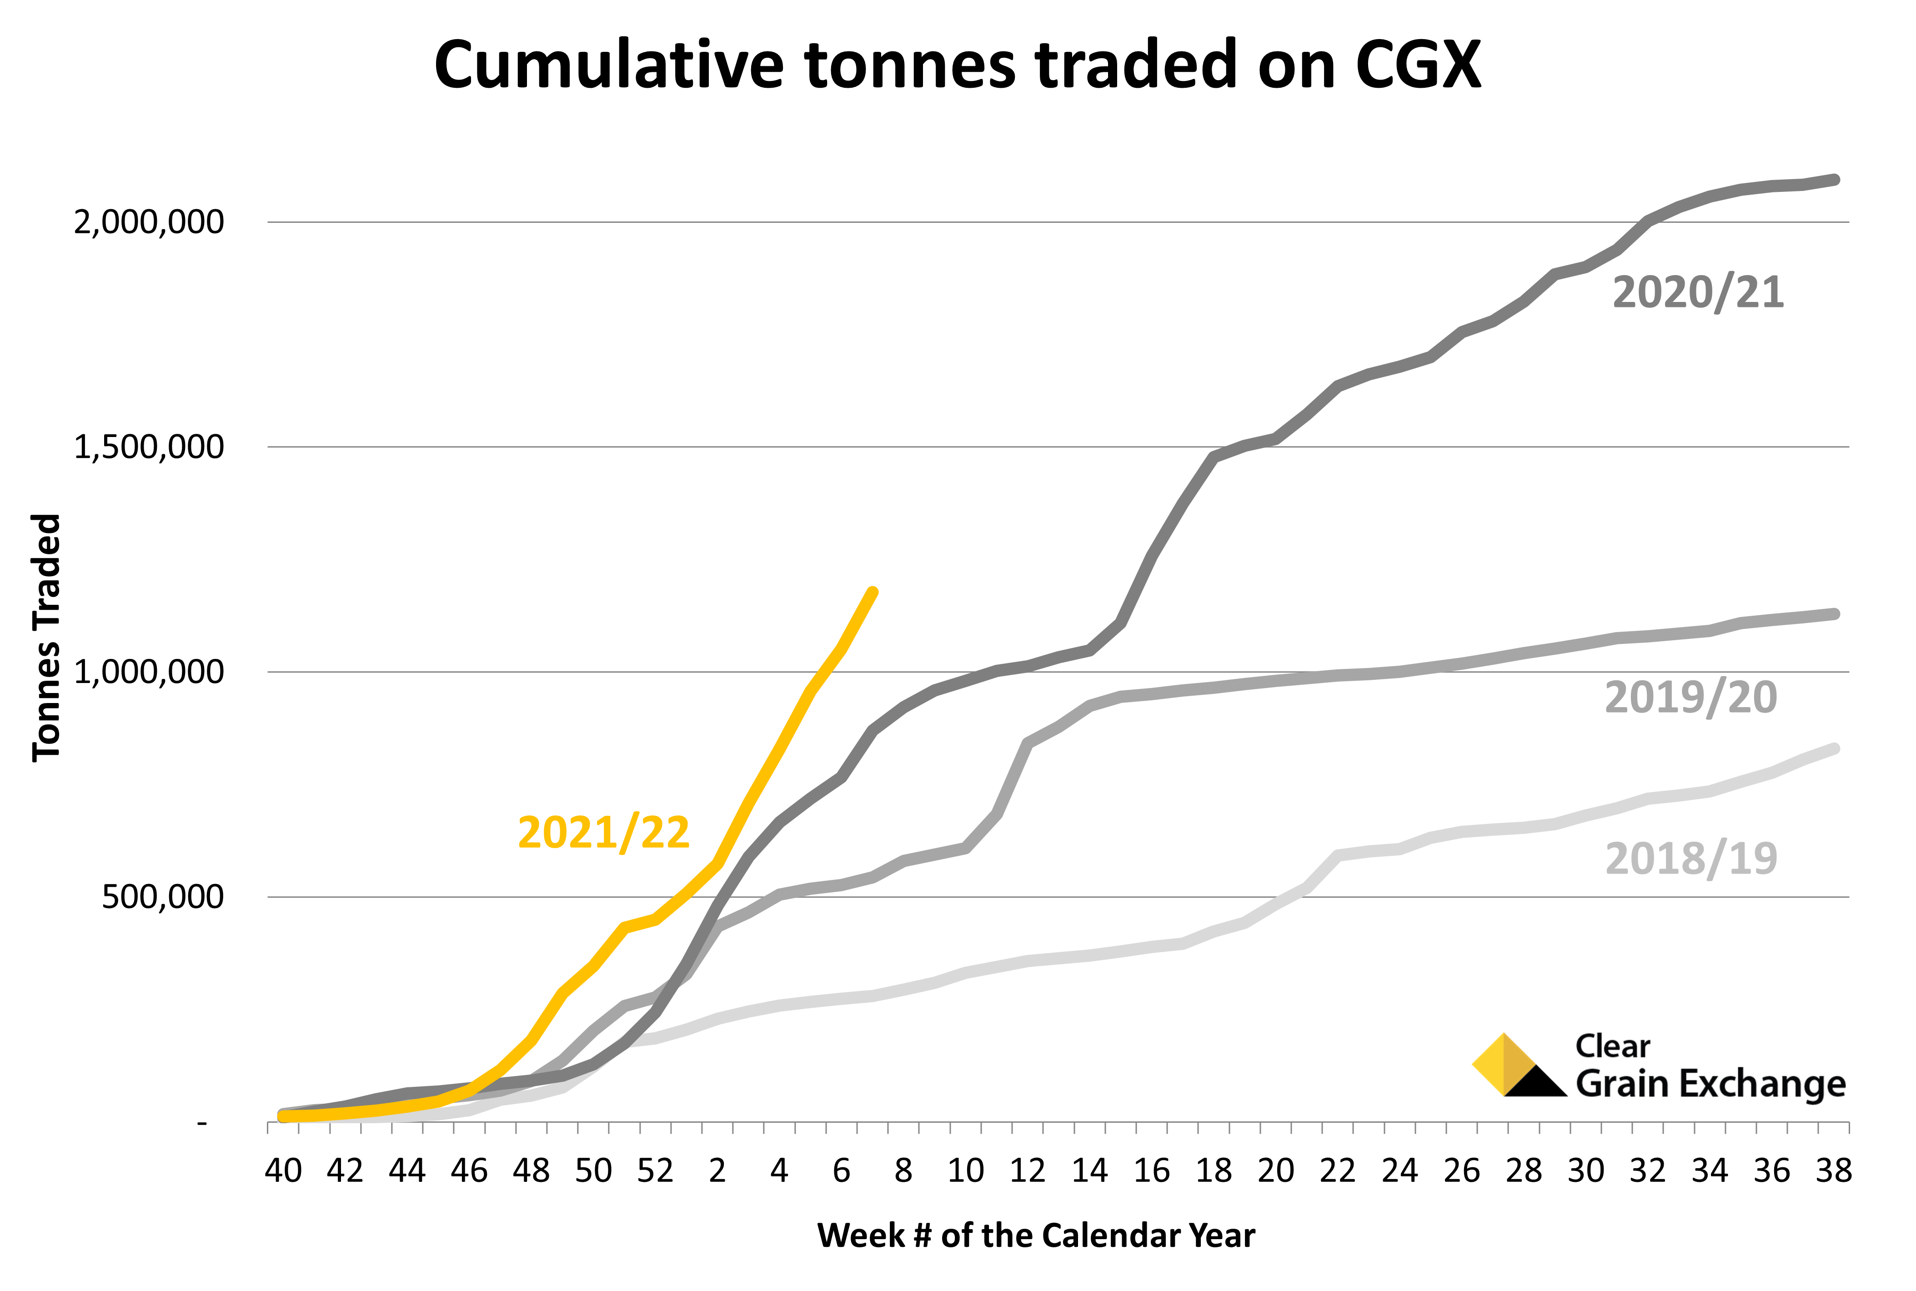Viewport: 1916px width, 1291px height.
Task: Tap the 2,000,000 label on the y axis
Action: (x=149, y=222)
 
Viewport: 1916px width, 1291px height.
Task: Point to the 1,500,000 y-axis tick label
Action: (x=149, y=447)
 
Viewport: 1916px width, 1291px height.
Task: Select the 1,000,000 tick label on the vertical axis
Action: (x=149, y=672)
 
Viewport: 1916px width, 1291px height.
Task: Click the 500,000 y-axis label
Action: (x=163, y=897)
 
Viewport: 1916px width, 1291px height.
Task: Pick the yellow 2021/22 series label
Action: (x=603, y=833)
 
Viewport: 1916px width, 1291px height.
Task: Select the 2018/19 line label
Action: (x=1691, y=859)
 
